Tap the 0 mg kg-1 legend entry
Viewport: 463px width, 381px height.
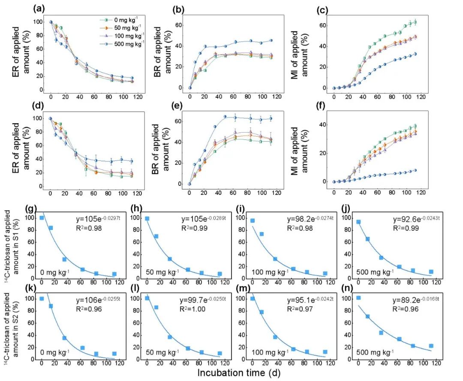pyautogui.click(x=122, y=19)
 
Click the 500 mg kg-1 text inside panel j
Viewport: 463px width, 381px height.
pyautogui.click(x=376, y=272)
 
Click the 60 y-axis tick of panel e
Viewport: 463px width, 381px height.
pyautogui.click(x=180, y=122)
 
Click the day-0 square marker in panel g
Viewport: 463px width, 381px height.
pyautogui.click(x=42, y=218)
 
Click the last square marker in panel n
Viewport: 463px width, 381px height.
pyautogui.click(x=431, y=346)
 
